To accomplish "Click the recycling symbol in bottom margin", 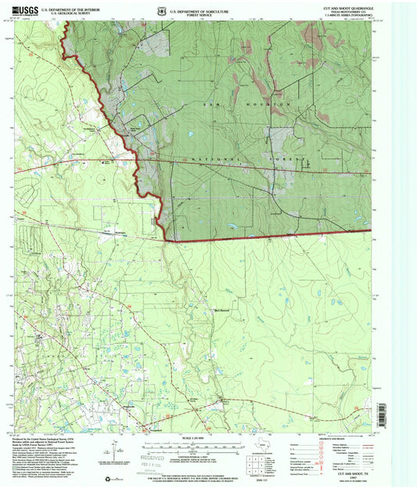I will click(x=96, y=477).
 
